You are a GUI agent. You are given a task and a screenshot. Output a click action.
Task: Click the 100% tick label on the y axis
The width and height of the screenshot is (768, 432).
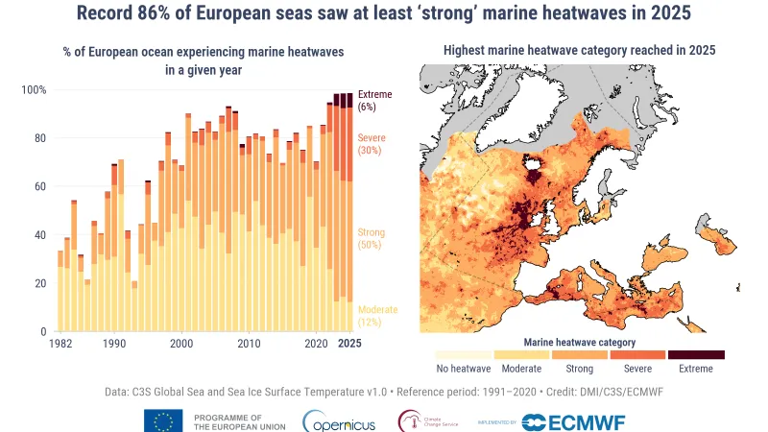click(35, 90)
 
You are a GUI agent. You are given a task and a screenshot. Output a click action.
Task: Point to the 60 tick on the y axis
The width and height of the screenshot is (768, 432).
click(39, 186)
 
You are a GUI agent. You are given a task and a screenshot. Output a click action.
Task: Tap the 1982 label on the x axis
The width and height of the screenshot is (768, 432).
click(60, 344)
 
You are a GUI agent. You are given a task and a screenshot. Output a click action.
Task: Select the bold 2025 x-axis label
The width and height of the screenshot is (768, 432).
click(349, 344)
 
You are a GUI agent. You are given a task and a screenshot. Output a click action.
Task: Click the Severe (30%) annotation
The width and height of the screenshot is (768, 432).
click(372, 144)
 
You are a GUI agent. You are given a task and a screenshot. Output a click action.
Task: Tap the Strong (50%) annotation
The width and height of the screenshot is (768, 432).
click(372, 240)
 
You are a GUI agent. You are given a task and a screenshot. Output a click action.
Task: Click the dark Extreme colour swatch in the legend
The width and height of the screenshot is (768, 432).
click(696, 354)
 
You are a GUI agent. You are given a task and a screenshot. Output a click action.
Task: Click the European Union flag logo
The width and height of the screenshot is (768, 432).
click(163, 420)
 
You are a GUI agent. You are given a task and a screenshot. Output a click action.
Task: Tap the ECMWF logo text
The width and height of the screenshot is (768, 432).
click(566, 420)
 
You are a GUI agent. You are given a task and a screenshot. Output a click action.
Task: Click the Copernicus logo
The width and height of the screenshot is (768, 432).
click(332, 420)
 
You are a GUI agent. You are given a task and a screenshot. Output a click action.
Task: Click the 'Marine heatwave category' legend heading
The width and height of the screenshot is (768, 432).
click(579, 341)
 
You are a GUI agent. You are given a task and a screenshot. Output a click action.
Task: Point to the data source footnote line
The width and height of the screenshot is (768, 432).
click(384, 392)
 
